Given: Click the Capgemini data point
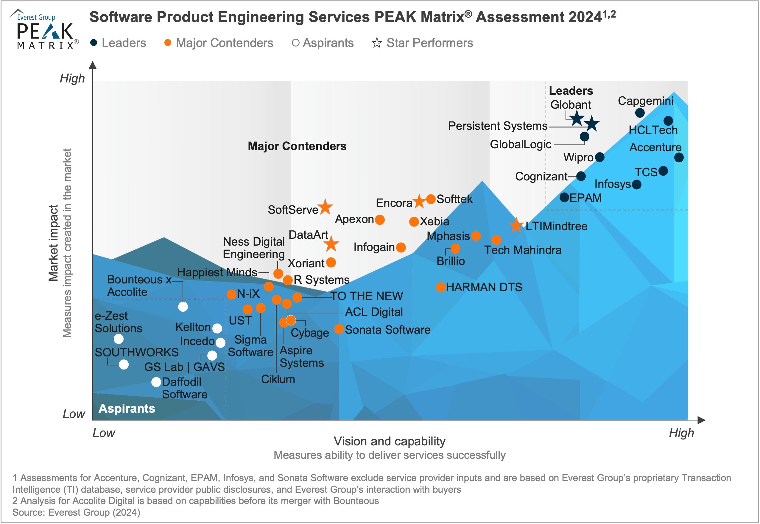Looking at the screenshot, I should tap(640, 113).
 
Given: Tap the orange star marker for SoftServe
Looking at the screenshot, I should tap(325, 207).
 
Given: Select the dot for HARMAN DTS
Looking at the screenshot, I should tap(441, 287).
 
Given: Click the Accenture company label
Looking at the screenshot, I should tap(655, 147).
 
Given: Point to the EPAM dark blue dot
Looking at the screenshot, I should tap(564, 197).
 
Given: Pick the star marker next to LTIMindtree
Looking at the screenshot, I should tap(516, 225).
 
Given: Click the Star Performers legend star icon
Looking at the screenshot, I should tap(377, 43).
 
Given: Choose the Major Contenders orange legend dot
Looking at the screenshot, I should tap(168, 43).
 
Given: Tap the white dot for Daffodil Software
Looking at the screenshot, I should tap(156, 382).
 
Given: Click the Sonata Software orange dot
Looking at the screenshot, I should tap(339, 329).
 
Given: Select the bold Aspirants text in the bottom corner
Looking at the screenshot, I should tap(127, 408).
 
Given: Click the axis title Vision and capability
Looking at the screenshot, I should tap(390, 441).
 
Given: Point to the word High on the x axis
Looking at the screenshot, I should tap(681, 433).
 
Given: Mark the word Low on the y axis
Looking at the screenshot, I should tap(74, 414).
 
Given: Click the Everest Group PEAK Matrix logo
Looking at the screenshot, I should tap(45, 29).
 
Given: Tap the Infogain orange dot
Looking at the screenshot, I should tap(401, 247).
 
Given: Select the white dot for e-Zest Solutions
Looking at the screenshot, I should tap(119, 339).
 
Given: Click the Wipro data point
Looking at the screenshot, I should tap(600, 157).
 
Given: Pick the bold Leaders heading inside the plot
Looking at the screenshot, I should tap(571, 91).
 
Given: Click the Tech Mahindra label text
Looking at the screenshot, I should tap(523, 250).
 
